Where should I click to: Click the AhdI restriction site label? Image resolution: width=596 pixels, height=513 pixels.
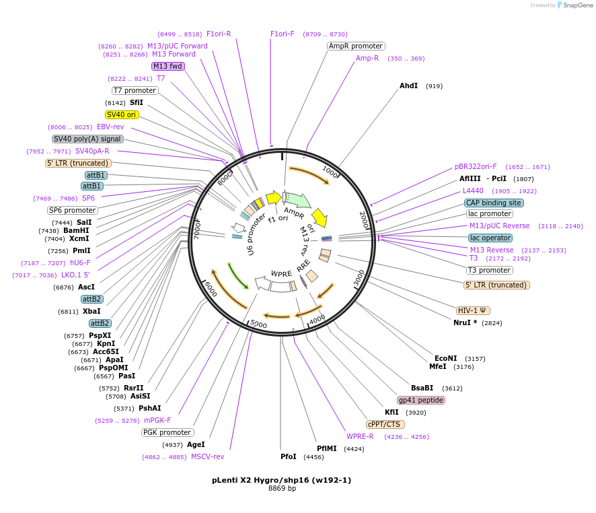point(408,86)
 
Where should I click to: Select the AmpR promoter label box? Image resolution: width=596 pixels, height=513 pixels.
point(356,46)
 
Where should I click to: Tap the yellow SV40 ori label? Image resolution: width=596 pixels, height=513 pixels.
point(122,114)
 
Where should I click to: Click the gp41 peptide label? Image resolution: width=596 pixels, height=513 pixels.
point(421,400)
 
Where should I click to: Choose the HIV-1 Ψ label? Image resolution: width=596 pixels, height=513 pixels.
point(474,310)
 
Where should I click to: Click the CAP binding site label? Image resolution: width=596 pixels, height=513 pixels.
point(494,203)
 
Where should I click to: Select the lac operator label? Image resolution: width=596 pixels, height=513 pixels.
point(490,238)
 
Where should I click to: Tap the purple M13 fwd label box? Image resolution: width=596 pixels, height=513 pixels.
point(167,66)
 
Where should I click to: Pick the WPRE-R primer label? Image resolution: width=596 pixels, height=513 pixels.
point(360,436)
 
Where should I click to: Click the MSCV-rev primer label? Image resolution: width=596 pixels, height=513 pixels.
point(207,456)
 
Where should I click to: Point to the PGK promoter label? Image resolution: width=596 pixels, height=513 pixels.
point(167,432)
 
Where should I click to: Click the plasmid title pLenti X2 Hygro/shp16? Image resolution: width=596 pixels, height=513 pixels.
point(281,480)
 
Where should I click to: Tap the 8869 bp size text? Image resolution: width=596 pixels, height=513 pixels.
point(282,489)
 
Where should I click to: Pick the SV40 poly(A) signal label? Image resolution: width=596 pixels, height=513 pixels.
point(87,139)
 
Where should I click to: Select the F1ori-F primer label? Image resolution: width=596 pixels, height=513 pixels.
point(283,34)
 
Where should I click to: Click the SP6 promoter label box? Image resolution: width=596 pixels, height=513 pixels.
point(72,210)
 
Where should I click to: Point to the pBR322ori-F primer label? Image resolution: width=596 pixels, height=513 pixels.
point(476,166)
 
